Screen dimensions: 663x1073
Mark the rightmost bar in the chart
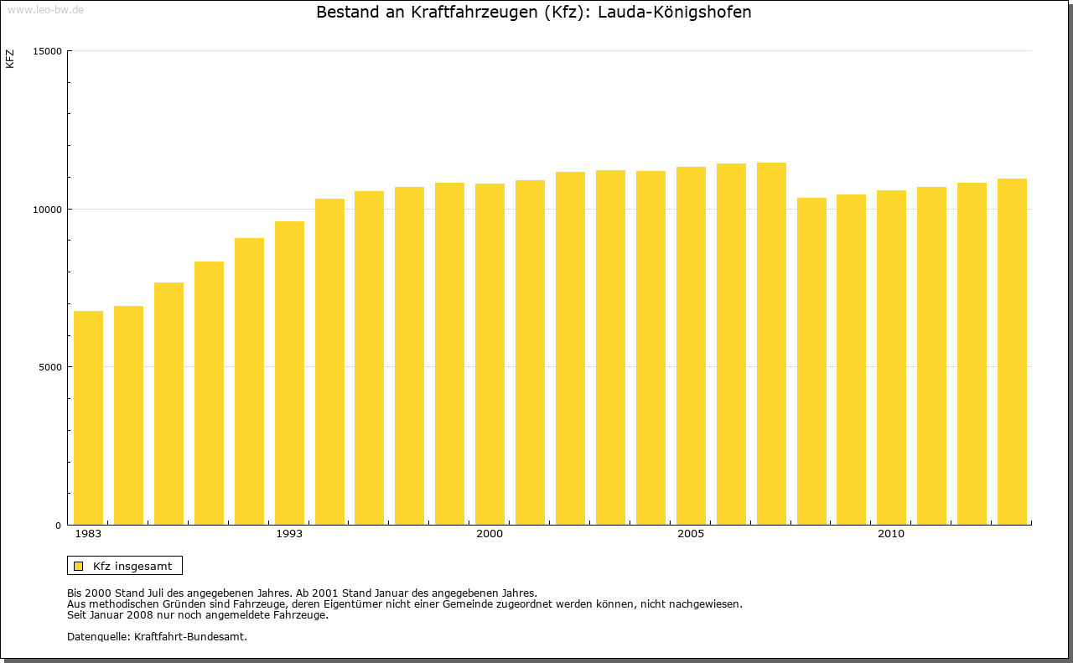[1012, 351]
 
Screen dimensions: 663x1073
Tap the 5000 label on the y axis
[50, 367]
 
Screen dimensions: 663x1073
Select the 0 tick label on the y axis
[59, 526]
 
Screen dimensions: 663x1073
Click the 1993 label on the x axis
[289, 534]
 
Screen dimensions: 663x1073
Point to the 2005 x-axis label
[691, 534]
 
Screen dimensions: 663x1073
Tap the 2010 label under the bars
[891, 534]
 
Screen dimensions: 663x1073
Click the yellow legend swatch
[78, 566]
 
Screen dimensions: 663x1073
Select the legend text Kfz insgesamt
[132, 566]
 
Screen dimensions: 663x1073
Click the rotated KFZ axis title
[10, 59]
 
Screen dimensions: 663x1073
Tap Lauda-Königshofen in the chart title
[674, 13]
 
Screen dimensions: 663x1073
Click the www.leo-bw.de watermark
[45, 9]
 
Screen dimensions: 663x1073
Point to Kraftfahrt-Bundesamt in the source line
[190, 636]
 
